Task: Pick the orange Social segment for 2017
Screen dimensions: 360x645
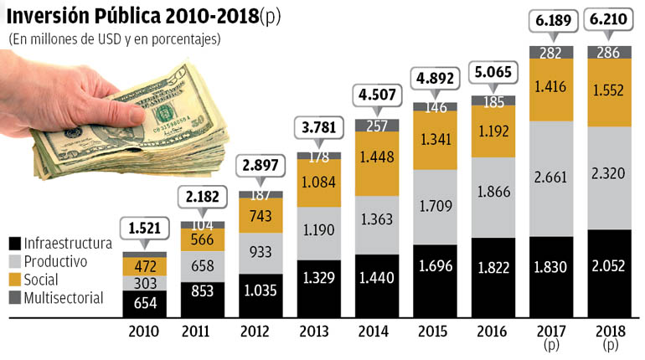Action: (550, 89)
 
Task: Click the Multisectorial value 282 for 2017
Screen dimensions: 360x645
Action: (550, 53)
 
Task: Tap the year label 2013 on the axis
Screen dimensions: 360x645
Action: (318, 331)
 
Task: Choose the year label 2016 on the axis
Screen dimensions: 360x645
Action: (493, 331)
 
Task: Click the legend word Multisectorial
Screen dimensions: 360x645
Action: (64, 298)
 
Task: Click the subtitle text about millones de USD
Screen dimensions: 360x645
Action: (114, 39)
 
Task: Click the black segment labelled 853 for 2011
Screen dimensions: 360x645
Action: (203, 291)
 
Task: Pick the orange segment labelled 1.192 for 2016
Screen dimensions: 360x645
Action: (493, 131)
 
